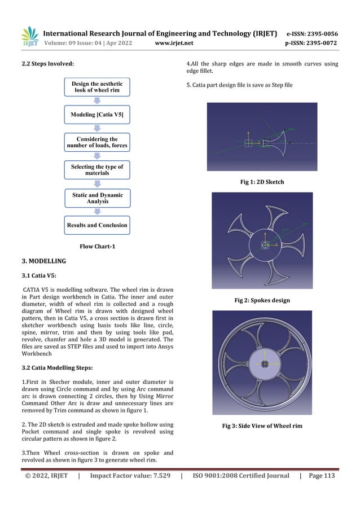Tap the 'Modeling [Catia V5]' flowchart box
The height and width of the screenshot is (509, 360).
(96, 115)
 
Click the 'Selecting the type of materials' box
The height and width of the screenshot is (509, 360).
(96, 170)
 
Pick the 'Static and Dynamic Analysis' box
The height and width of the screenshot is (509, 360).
(96, 198)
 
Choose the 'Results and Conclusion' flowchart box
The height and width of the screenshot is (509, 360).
(96, 225)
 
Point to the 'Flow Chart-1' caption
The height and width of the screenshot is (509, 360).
(96, 246)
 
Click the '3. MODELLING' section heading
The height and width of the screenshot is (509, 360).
(43, 261)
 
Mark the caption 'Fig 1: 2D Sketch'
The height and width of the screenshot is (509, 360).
(262, 182)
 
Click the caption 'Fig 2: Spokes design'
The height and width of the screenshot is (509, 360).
(262, 300)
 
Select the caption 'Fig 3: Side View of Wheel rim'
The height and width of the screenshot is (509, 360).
(262, 425)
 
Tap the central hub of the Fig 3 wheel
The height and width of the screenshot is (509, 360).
(262, 365)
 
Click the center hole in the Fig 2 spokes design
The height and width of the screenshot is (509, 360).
(265, 244)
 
